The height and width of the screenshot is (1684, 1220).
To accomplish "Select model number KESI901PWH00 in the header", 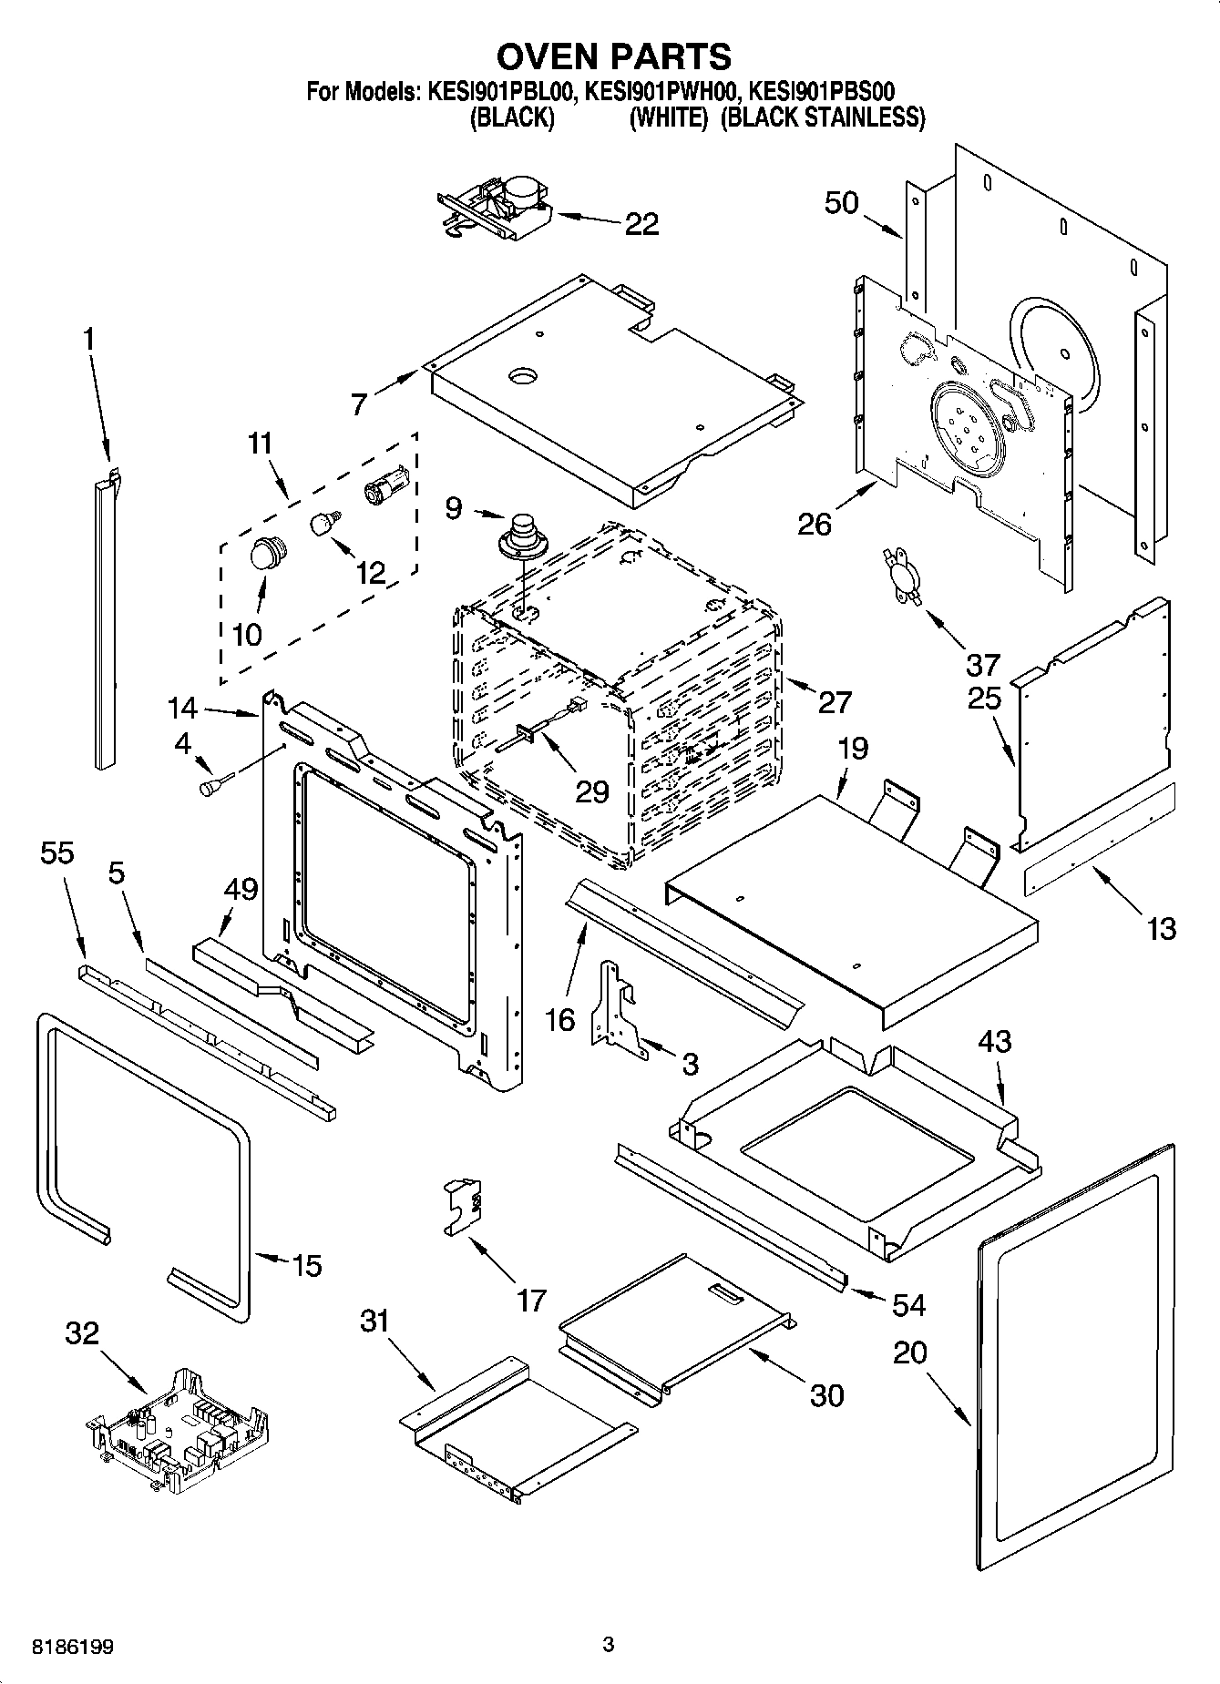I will [662, 91].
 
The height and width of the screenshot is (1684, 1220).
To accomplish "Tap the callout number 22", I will [641, 224].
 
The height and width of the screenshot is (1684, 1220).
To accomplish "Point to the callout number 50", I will [841, 202].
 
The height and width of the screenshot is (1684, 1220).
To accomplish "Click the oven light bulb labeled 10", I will [267, 552].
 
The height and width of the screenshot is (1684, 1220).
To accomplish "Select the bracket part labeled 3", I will [620, 1009].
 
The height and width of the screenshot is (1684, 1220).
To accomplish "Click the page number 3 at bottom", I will [609, 1645].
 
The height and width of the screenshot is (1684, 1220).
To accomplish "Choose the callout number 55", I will [57, 853].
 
